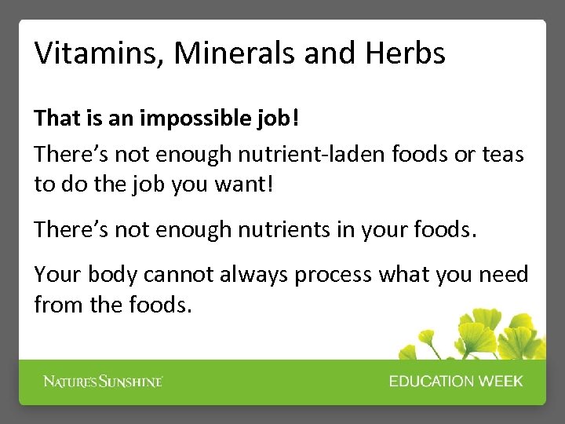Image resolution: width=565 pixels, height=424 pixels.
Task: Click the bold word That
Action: coord(53,119)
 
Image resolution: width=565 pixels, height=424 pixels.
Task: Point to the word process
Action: coord(342,276)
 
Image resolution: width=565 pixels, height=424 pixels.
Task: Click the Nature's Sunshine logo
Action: coord(103,382)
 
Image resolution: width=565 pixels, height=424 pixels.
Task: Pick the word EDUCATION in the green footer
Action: coord(436,382)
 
